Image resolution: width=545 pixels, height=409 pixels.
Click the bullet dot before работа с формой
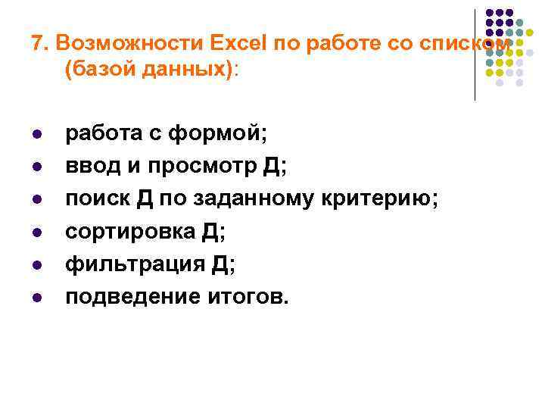coord(36,135)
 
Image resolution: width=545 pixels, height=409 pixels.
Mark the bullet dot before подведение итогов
coord(36,297)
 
